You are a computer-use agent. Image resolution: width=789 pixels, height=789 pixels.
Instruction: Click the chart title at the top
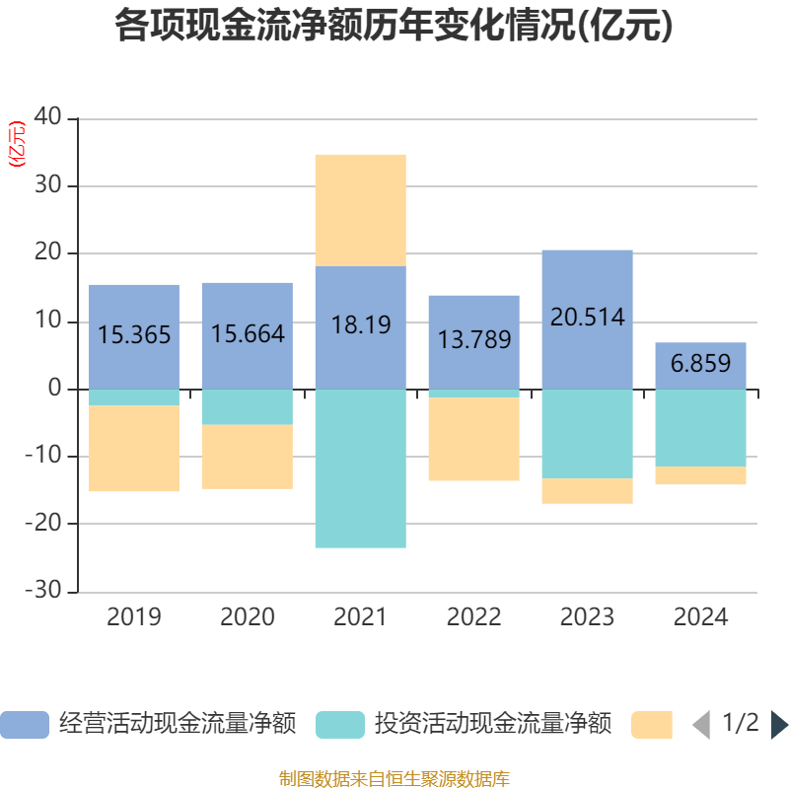coord(394,26)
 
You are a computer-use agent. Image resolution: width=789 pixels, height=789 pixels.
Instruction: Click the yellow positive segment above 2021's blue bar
coord(361,209)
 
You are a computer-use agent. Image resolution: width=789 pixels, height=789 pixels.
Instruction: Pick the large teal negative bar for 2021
coord(361,468)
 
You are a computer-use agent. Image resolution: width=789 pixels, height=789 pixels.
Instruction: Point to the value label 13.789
coord(474,340)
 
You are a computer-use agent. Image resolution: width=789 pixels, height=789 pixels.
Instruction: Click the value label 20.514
coord(588,317)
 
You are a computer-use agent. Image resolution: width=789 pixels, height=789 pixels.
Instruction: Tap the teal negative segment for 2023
coord(588,434)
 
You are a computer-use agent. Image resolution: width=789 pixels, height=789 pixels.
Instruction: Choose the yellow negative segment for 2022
coord(474,440)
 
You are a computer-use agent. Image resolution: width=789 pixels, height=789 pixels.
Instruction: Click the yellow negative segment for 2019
coord(134,449)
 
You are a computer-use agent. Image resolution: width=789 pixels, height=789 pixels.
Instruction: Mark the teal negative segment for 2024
coord(701,428)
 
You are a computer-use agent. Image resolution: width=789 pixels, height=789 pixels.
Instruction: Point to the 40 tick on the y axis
coord(48,117)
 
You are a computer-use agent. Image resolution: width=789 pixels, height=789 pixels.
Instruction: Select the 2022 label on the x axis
coord(474,617)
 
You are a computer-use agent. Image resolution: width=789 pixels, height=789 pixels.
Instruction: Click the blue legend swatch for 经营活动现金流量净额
coord(25,725)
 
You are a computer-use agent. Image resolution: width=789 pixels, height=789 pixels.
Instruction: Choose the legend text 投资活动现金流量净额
coord(492,725)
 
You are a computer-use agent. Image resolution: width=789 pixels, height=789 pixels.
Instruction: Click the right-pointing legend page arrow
coord(779,725)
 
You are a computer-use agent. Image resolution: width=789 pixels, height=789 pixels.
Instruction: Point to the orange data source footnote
coord(394,778)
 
